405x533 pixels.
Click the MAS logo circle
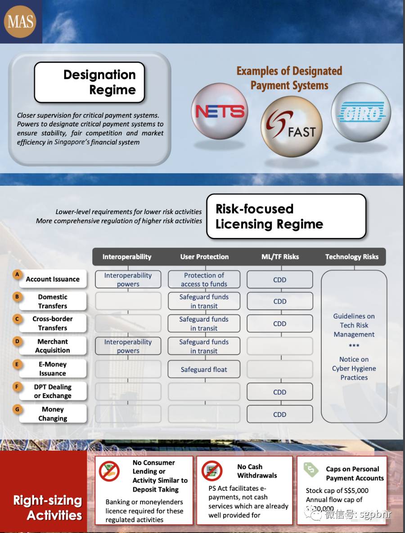pos(20,21)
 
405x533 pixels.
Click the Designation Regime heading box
pos(89,82)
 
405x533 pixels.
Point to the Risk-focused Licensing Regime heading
pos(286,216)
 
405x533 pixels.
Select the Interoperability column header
pos(127,257)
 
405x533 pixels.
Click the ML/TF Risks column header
pos(280,257)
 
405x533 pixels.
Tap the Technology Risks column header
pos(352,257)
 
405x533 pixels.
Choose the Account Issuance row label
pos(53,279)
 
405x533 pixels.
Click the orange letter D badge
pos(17,341)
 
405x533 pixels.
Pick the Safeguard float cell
pos(204,369)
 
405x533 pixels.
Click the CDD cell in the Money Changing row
pos(279,414)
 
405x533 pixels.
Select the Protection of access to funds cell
pos(204,279)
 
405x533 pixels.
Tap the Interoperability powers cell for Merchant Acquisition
pos(128,346)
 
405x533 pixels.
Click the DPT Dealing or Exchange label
pos(53,391)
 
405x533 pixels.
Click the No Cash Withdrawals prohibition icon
pos(212,471)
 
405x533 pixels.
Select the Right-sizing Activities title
pos(48,507)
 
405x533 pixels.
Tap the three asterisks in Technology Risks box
pos(354,346)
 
